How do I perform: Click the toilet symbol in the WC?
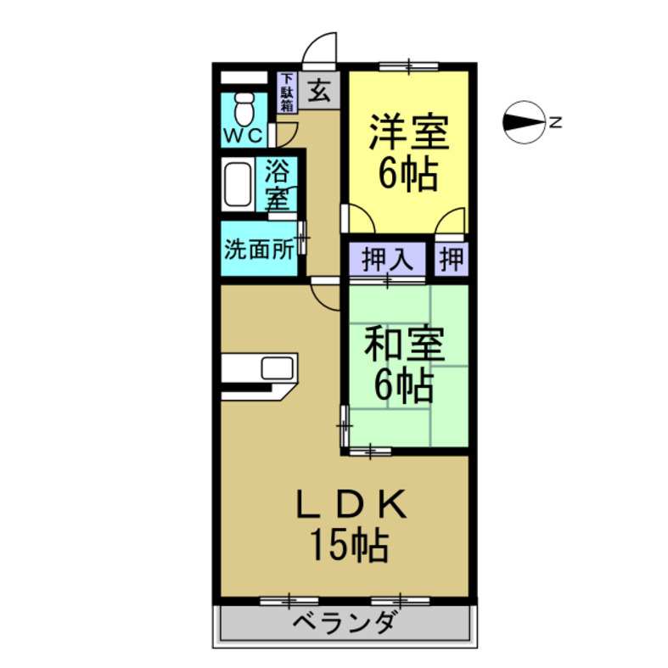(245, 107)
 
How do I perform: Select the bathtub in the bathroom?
(238, 184)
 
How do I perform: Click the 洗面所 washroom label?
(259, 250)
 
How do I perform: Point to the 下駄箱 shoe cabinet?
(287, 93)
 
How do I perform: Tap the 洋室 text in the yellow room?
(407, 133)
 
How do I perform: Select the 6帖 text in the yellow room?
(407, 176)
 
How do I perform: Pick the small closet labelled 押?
(452, 259)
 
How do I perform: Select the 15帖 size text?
(348, 546)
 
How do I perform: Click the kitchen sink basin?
(278, 368)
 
